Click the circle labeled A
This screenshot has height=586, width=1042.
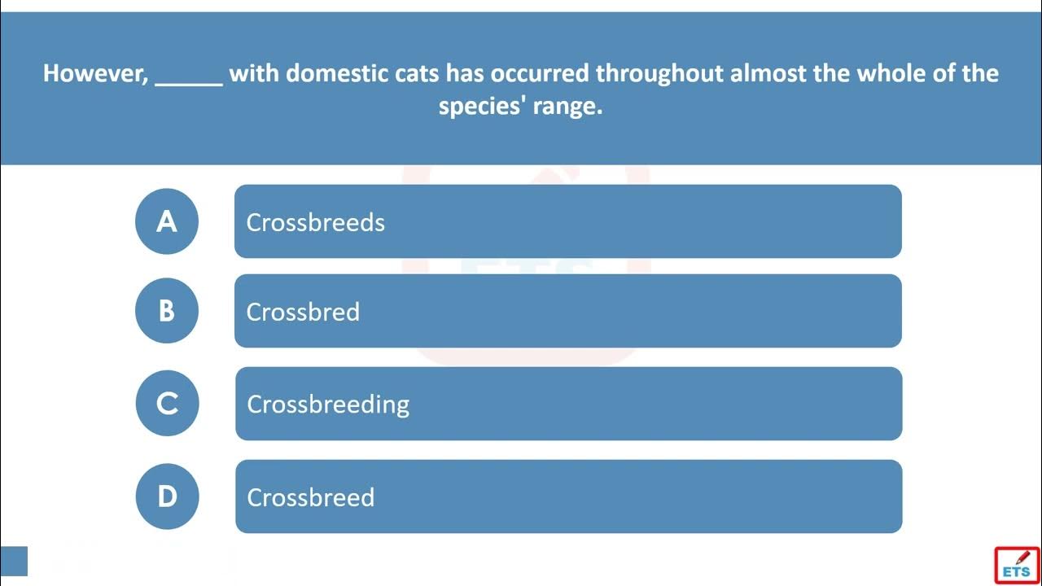167,221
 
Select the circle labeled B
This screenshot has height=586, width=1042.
167,311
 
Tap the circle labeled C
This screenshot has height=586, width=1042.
168,403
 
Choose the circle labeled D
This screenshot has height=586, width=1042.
168,496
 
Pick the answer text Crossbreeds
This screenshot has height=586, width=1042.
315,222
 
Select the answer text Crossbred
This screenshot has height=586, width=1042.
303,312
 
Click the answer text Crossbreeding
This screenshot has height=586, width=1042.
328,405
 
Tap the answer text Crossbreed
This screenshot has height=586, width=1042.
311,497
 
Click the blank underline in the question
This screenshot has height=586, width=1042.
189,84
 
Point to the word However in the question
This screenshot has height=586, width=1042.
95,73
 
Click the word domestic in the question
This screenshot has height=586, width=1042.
337,73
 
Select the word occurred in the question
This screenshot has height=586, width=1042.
540,74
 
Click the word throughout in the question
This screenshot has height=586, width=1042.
659,74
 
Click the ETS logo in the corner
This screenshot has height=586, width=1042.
1018,565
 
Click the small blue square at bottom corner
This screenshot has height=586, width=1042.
14,561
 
